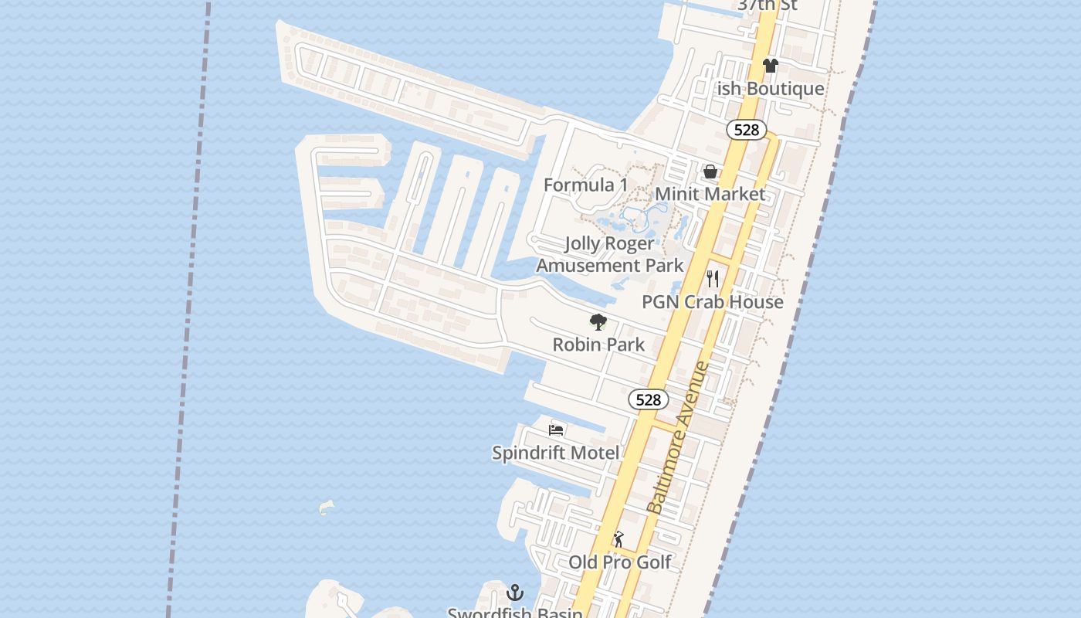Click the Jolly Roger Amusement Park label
coord(610,254)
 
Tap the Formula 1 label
coord(585,185)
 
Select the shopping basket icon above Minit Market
coord(710,171)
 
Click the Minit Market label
coord(710,194)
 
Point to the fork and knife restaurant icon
coord(713,279)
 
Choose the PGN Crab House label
coord(713,302)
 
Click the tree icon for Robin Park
coord(598,322)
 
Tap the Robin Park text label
coord(598,345)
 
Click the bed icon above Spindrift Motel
coord(556,430)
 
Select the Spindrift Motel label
coord(556,453)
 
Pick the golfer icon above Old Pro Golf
coord(618,539)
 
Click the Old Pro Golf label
coord(620,562)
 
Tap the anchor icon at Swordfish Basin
coord(515,593)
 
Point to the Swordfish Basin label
coord(515,613)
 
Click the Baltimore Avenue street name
coord(679,437)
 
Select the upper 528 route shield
coord(746,130)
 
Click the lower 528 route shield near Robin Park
coord(649,399)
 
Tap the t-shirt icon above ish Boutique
coord(770,66)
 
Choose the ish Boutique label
coord(771,89)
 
